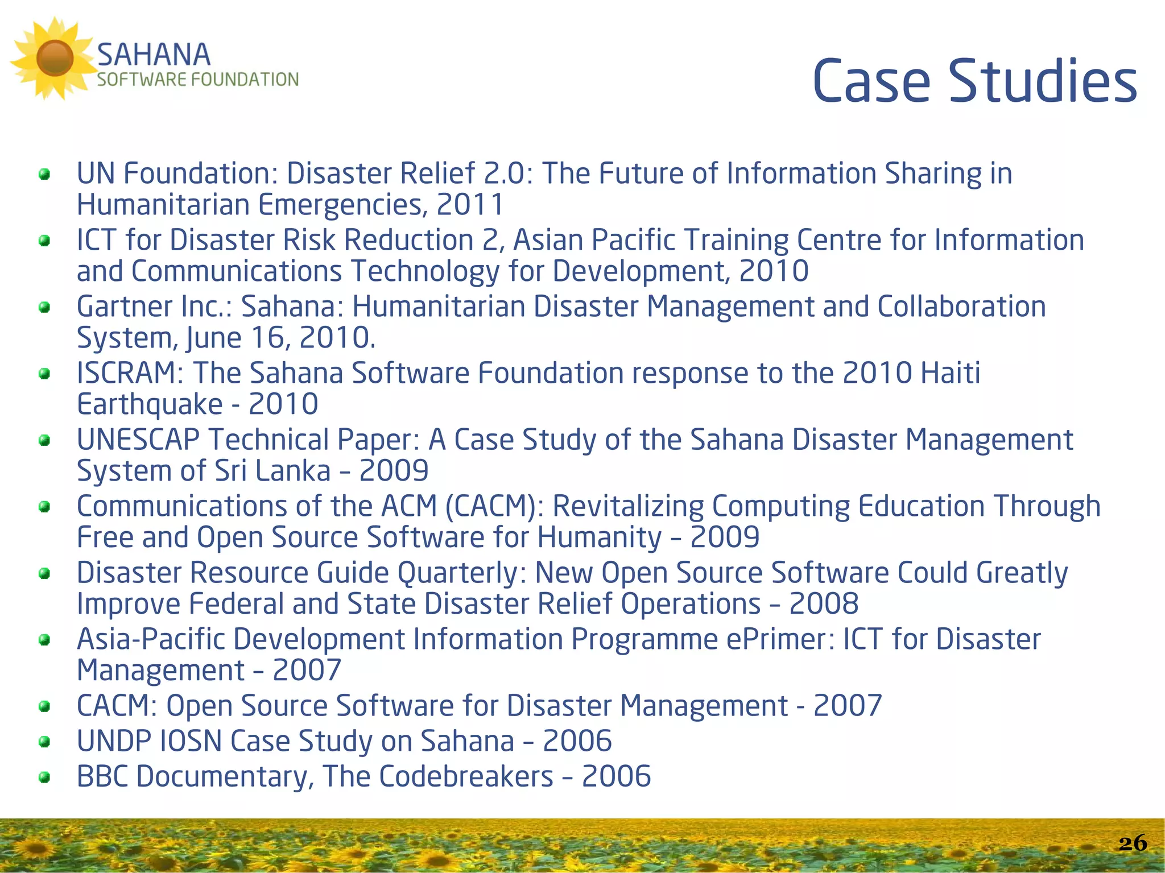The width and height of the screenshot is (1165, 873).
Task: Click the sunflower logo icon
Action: click(x=54, y=58)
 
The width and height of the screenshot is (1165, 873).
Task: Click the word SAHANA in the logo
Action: click(x=154, y=55)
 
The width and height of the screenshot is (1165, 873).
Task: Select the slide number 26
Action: click(x=1133, y=843)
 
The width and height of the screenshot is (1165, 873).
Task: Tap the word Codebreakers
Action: click(x=466, y=776)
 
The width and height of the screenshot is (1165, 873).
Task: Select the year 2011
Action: click(x=470, y=205)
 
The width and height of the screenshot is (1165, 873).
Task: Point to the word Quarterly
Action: click(x=461, y=573)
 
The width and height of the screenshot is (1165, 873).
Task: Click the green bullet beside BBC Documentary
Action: click(x=44, y=777)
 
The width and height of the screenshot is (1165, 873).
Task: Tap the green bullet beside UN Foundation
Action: click(x=44, y=174)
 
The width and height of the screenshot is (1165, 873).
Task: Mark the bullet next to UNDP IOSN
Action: click(x=44, y=742)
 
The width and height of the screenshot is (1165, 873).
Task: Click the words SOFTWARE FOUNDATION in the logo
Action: click(x=197, y=80)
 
